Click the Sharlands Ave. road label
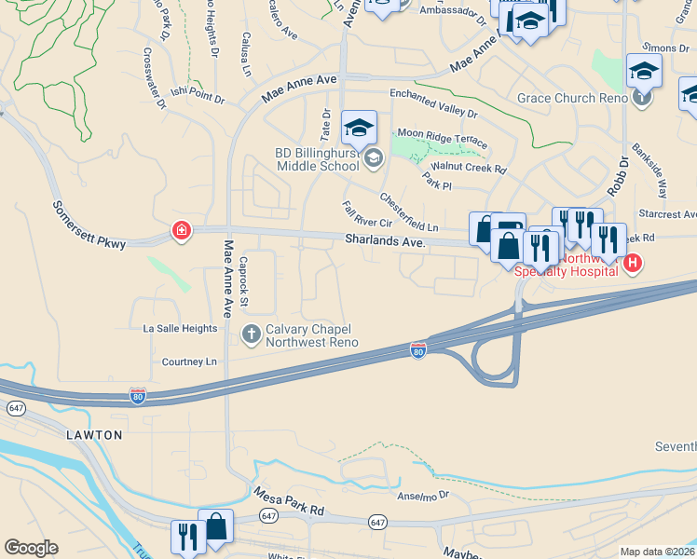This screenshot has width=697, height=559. [x=385, y=241]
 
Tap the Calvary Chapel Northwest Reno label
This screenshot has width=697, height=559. [x=310, y=335]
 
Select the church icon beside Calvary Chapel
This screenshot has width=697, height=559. [x=251, y=333]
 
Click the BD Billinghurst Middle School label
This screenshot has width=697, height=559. [x=317, y=159]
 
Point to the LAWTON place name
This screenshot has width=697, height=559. [x=93, y=435]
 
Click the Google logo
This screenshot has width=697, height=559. [x=31, y=548]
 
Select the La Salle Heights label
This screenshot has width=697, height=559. [x=180, y=329]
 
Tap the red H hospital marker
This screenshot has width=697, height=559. [x=632, y=264]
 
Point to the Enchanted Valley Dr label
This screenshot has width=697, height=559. [x=433, y=102]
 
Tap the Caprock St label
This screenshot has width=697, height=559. [x=242, y=282]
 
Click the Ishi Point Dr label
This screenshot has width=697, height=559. [x=198, y=95]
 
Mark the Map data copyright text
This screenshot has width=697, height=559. [x=657, y=552]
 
